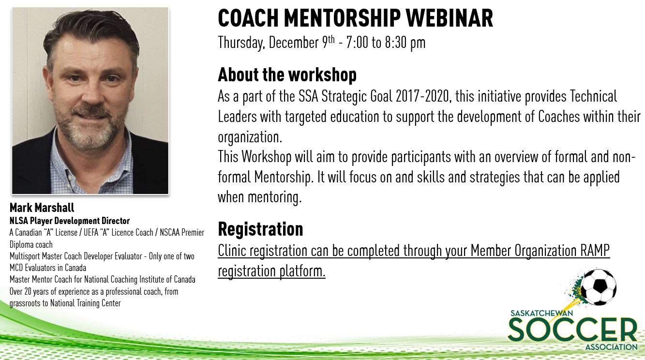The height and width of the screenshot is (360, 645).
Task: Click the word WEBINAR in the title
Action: coord(450,18)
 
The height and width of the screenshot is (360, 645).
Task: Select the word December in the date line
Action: coord(294,43)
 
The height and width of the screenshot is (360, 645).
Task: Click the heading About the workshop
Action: coord(287,75)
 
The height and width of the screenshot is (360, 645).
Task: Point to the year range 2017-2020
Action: coord(422,96)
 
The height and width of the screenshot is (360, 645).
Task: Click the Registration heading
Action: coord(261,229)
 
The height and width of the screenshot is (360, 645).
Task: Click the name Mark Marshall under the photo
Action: coord(42,208)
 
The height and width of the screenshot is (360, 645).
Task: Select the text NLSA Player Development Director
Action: coord(70,221)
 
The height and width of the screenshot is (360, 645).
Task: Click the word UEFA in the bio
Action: coord(91,232)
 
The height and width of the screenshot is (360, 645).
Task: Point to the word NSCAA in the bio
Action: coord(170,232)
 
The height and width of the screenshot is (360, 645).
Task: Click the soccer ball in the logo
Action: coord(599,287)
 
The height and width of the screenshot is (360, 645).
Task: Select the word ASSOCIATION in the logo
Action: coord(611,347)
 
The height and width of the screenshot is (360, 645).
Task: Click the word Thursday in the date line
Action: coord(241,43)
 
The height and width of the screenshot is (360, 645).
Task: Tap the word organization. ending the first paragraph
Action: coord(250,137)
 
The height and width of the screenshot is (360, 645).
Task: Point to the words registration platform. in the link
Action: coord(271,271)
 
